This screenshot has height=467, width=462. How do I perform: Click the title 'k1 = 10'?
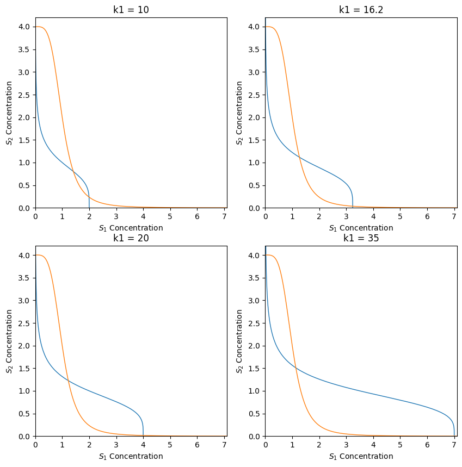(x=131, y=9)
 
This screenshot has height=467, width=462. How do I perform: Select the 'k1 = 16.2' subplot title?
(x=361, y=9)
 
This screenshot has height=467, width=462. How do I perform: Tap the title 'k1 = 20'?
(x=131, y=238)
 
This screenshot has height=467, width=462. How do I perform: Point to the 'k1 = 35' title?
(x=361, y=238)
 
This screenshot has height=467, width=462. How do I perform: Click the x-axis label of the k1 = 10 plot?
(x=131, y=228)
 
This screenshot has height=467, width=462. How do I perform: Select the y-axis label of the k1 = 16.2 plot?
(x=239, y=113)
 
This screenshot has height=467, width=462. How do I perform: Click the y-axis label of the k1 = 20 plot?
(x=9, y=341)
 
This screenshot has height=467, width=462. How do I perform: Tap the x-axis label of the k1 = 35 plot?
(x=361, y=456)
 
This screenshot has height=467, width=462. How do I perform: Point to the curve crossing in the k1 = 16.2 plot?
(x=298, y=156)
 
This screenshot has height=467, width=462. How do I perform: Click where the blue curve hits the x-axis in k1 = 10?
(x=89, y=208)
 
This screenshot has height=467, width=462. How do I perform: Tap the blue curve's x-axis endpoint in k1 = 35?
(x=454, y=436)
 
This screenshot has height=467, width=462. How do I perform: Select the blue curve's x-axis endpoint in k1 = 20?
(x=143, y=436)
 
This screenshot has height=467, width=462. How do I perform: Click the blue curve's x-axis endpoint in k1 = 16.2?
(x=353, y=208)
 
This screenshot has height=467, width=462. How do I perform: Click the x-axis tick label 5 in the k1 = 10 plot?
(x=170, y=216)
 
